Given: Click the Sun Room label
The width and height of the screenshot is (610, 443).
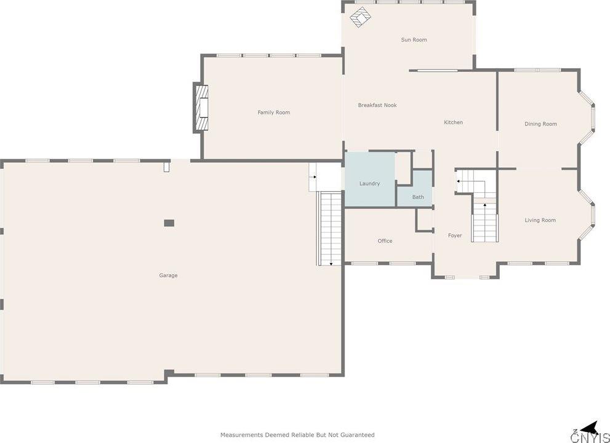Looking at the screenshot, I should pos(414,40).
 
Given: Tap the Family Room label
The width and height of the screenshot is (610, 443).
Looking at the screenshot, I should pos(273,112).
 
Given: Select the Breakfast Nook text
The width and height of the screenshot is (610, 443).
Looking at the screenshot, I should pos(377,106).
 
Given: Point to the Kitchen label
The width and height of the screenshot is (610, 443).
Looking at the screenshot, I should pos(453,123).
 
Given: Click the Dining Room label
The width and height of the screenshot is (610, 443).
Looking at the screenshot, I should pos(540,124).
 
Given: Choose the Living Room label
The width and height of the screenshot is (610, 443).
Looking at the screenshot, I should pos(540,221).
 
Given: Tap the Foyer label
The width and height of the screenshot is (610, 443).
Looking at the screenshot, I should pos(454,236).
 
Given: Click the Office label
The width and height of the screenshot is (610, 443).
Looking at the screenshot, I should pos(385,241).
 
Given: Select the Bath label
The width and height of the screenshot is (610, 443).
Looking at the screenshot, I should pos(418,197).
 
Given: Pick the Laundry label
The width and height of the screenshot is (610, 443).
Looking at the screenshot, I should pos(369,184).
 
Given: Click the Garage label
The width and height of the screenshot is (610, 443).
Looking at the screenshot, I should pos(168,276).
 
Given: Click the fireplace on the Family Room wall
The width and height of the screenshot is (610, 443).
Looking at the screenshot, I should pos(201,108).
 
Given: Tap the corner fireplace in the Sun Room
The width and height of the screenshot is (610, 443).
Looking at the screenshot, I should pos(360,17).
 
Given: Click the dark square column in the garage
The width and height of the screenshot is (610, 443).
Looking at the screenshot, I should pos(169,223).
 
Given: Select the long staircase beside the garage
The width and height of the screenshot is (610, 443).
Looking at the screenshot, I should pos(330,228).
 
